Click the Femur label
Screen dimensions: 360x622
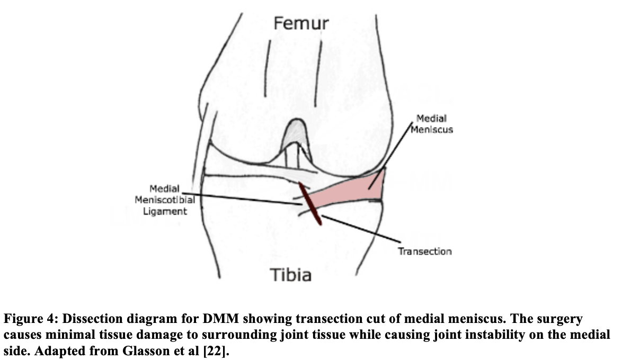[301, 23]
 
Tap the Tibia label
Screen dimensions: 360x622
[291, 275]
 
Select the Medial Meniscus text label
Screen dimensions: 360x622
[434, 124]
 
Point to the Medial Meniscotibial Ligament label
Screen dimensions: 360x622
[165, 200]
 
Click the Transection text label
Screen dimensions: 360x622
[425, 251]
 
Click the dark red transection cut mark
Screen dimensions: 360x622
[310, 203]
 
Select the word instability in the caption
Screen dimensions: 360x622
[469, 335]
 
